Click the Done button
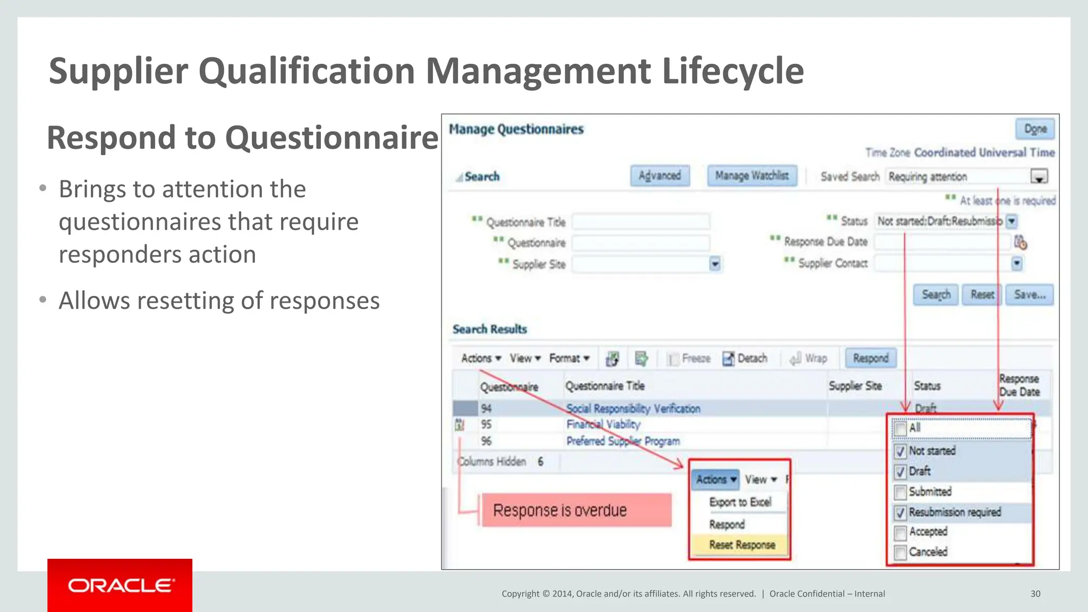[x=1035, y=129]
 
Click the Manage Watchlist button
[x=752, y=176]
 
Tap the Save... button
[x=1029, y=295]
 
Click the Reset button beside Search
[x=982, y=295]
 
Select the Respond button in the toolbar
[x=870, y=358]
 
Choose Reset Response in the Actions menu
[x=742, y=545]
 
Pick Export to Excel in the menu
[x=740, y=502]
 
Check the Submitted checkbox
[x=900, y=492]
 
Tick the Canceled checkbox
[x=900, y=552]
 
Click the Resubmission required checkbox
[x=900, y=513]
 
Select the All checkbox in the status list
[x=900, y=429]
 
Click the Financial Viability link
[x=603, y=424]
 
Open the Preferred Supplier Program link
[x=623, y=441]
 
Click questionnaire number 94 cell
[x=486, y=409]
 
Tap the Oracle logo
[x=120, y=585]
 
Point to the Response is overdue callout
[x=576, y=511]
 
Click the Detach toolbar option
[x=745, y=359]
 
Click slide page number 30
[x=1035, y=594]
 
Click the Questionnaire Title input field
[x=641, y=222]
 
